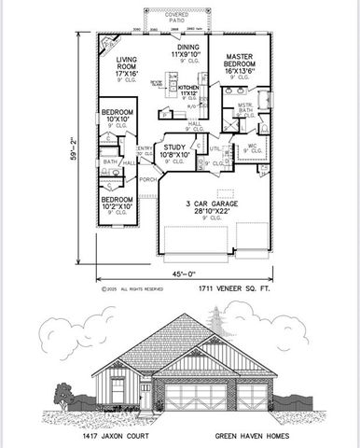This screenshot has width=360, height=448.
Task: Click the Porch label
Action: (x=147, y=180)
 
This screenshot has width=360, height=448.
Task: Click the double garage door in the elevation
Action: (x=197, y=397)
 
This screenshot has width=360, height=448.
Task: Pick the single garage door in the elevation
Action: (x=252, y=397)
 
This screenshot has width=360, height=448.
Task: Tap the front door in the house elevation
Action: (x=145, y=396)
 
